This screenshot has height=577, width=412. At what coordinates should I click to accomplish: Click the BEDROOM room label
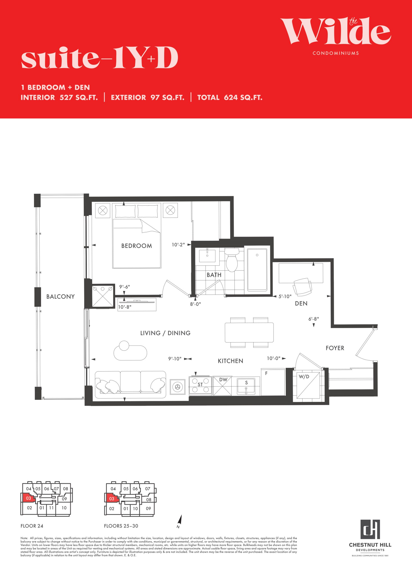click(137, 246)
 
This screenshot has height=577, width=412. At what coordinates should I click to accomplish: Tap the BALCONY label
click(60, 296)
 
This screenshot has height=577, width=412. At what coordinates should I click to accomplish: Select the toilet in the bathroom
click(232, 260)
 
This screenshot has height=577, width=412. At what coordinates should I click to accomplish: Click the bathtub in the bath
click(257, 270)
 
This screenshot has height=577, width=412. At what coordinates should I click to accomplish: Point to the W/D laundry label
click(304, 377)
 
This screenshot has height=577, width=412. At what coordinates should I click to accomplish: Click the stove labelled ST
click(200, 386)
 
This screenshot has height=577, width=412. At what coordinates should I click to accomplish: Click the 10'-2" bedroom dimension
click(178, 245)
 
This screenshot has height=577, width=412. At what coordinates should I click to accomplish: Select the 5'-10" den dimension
click(285, 296)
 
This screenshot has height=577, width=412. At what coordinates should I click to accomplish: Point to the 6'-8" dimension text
click(314, 319)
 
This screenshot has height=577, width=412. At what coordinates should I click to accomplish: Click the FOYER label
click(335, 348)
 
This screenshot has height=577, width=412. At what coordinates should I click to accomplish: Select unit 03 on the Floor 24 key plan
click(28, 498)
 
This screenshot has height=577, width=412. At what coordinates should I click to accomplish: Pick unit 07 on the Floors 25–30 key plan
click(148, 489)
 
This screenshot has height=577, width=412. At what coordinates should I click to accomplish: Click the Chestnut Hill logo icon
click(370, 529)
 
